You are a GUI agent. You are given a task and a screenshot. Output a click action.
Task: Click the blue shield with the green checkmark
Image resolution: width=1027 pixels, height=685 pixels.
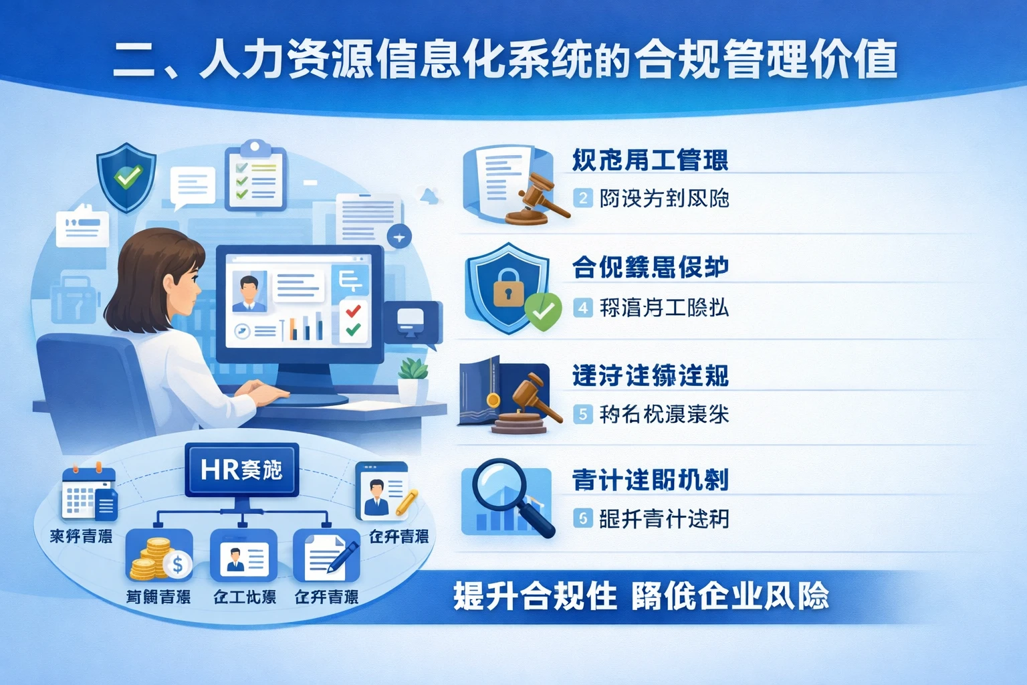pos(126,177)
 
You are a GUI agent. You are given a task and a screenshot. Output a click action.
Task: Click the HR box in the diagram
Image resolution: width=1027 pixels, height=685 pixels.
pos(241,470)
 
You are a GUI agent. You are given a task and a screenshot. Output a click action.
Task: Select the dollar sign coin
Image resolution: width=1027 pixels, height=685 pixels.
pos(178,565)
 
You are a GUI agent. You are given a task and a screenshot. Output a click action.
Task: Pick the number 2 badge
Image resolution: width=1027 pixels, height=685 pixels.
pos(583,198)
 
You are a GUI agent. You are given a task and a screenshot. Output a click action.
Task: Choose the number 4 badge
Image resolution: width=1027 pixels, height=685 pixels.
pos(583,308)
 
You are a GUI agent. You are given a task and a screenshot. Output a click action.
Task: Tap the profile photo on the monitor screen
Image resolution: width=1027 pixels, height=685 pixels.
pos(249,292)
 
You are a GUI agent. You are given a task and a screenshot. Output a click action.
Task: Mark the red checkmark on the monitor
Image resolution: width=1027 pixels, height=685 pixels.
pos(353,310)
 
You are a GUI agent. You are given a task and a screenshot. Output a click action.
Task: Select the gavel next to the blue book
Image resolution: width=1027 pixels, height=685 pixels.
pos(533,399)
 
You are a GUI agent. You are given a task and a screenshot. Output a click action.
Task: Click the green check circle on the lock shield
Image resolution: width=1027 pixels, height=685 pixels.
pos(543,311)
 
